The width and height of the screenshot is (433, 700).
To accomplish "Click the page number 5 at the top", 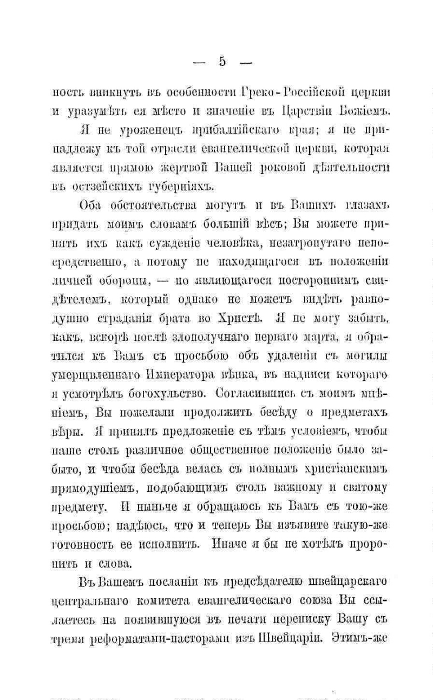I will click(222, 61).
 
